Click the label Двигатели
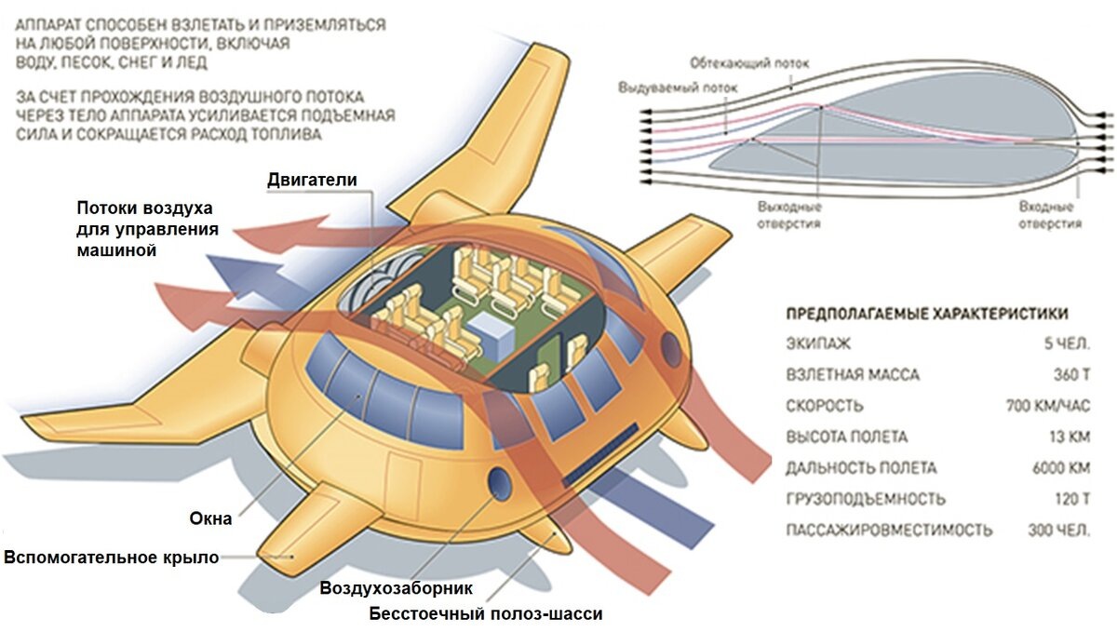[312, 179]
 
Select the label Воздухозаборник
[397, 588]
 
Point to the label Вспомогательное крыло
[112, 558]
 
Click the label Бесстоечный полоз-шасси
[486, 613]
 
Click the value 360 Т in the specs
[1069, 375]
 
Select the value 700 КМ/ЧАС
[1048, 406]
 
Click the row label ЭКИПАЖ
[818, 344]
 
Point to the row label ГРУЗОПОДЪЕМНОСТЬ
[866, 499]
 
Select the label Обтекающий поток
[749, 63]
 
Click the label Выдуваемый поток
[677, 88]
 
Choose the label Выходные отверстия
[789, 216]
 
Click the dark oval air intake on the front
[499, 483]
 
